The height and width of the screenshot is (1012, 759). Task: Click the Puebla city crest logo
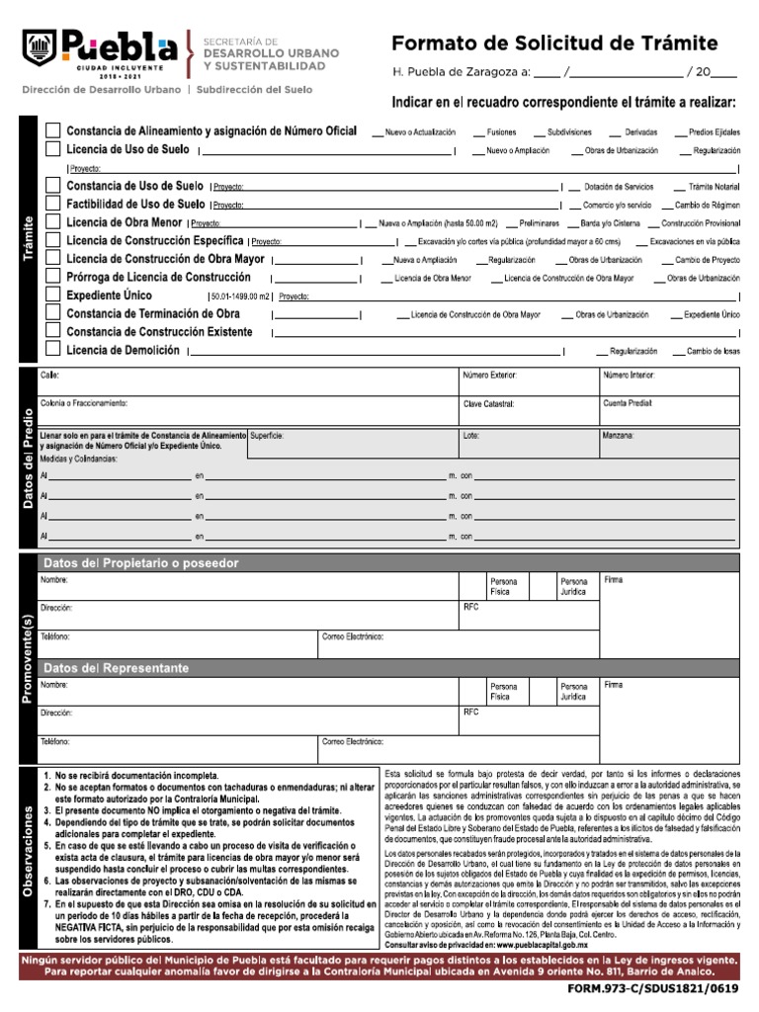(38, 45)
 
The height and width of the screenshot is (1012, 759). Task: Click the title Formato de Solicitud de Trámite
(554, 42)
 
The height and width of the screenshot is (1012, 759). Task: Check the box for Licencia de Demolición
(53, 350)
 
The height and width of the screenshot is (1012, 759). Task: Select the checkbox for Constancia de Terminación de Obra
(53, 313)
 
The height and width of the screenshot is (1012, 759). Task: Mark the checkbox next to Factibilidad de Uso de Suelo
(53, 204)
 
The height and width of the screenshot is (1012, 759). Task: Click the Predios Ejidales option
(707, 132)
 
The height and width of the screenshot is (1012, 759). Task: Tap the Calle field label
(49, 376)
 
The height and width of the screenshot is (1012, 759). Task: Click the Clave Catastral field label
(489, 404)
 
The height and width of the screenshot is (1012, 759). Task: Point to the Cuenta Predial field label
(628, 404)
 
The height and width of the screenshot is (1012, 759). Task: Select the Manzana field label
(619, 435)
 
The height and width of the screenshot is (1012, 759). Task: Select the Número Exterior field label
(490, 376)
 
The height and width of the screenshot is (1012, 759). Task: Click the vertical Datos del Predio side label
(28, 459)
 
